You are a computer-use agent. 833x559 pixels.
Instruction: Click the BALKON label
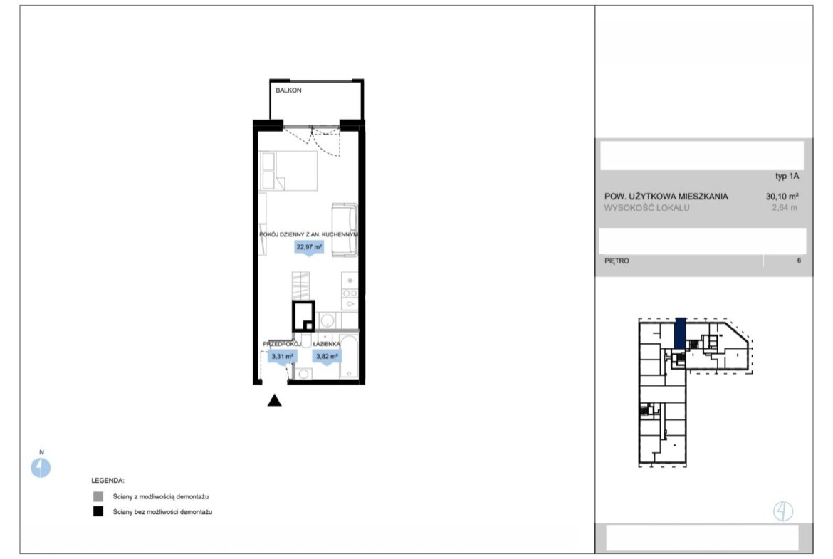coord(288,90)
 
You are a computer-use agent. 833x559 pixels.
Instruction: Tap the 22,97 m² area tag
coord(309,248)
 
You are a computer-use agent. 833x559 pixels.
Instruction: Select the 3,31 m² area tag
coord(282,357)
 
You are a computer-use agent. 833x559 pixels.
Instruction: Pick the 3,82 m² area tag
coord(327,357)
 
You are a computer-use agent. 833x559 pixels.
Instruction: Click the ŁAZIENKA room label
coord(326,344)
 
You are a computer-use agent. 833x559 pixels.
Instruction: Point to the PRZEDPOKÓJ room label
coord(282,344)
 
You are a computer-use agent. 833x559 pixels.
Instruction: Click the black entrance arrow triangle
coord(274,400)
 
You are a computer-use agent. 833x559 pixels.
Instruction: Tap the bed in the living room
coord(288,171)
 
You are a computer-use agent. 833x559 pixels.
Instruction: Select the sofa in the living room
coord(345,229)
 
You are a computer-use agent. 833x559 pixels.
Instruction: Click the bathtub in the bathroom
coord(348,356)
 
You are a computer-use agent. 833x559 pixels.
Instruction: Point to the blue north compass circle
coord(41,468)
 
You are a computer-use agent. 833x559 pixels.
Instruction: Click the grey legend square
coord(98,497)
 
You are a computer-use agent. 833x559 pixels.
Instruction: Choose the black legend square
coord(98,512)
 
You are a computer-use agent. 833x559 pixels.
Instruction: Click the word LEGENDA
coord(108,481)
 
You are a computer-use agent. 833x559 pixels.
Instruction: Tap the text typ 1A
coord(787,177)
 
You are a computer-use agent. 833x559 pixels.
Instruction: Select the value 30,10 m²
coord(782,196)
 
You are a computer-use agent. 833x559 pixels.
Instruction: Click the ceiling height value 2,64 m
coord(785,208)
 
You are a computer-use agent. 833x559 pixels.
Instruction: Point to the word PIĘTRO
coord(617,261)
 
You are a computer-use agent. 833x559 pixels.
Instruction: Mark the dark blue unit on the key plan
coord(680,333)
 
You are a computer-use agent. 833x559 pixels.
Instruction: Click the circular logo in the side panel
coord(783,511)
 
